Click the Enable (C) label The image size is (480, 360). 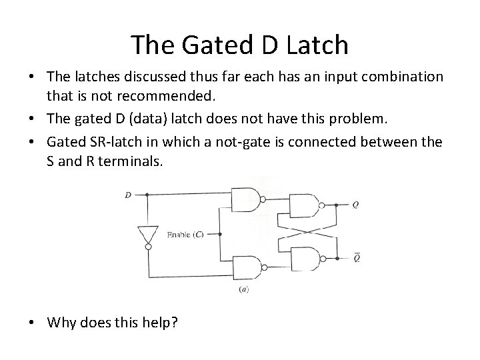click(185, 235)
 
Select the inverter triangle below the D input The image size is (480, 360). click(147, 233)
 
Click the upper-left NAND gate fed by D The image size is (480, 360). click(245, 199)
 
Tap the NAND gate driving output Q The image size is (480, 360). click(303, 205)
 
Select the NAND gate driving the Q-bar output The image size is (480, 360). click(303, 257)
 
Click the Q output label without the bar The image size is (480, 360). click(355, 206)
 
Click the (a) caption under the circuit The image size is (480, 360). click(243, 290)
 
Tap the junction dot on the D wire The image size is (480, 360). click(147, 196)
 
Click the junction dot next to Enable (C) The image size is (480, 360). click(218, 235)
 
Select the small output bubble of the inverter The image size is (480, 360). click(147, 246)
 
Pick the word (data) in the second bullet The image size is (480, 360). click(150, 119)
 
